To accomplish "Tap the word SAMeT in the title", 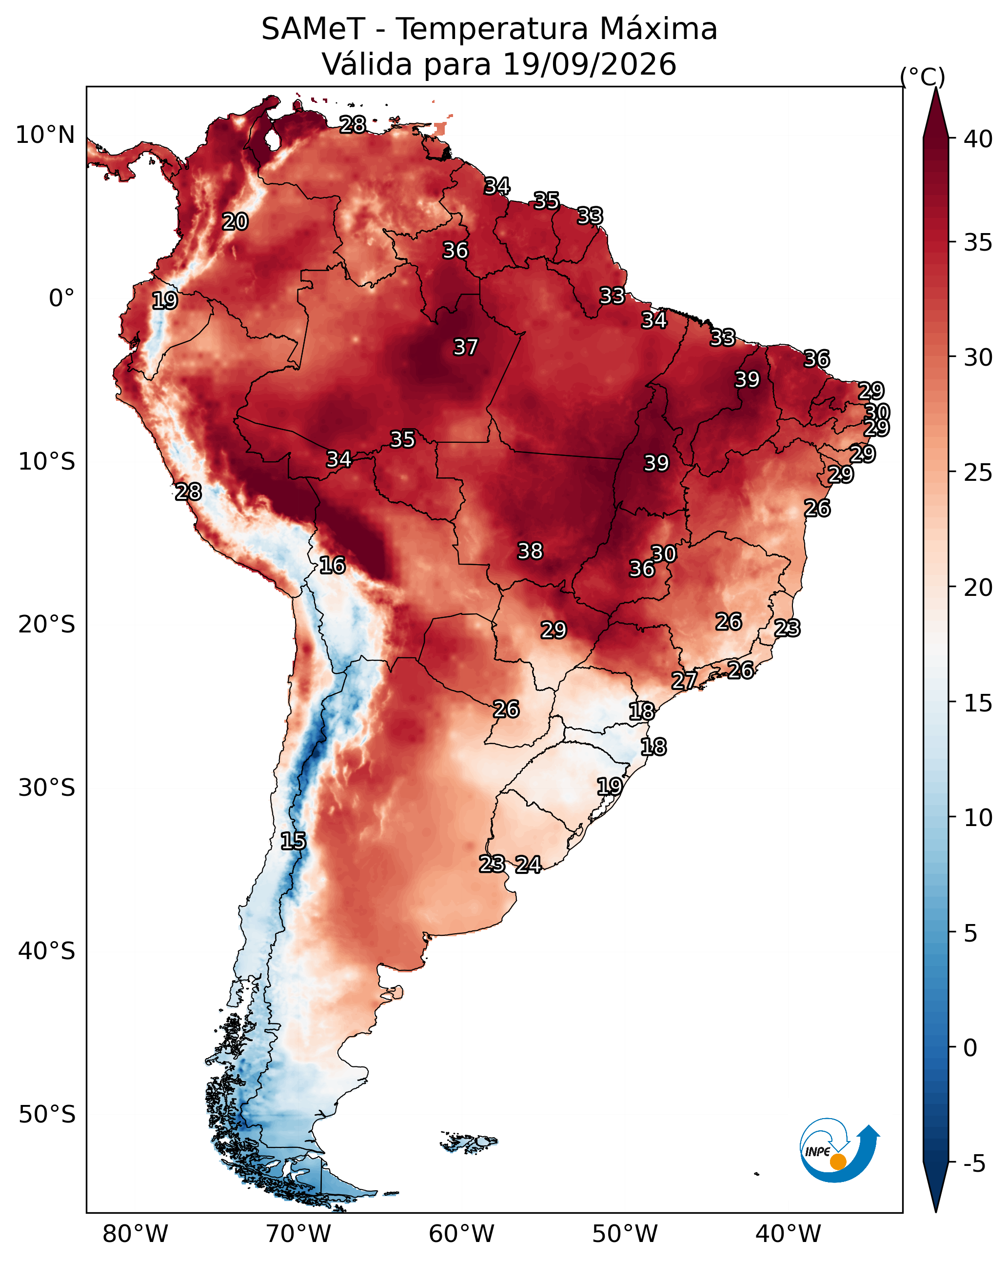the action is pyautogui.click(x=313, y=29).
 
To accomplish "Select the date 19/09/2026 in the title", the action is pyautogui.click(x=589, y=64).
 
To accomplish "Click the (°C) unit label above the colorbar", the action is pyautogui.click(x=923, y=77).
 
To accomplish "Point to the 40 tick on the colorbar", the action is pyautogui.click(x=979, y=139).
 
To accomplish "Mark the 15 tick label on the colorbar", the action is pyautogui.click(x=979, y=703).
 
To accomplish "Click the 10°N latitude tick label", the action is pyautogui.click(x=46, y=135).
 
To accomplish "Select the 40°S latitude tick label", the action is pyautogui.click(x=47, y=951).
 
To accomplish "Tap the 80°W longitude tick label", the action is pyautogui.click(x=135, y=1234).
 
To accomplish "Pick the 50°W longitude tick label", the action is pyautogui.click(x=625, y=1234).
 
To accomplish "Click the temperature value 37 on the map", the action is pyautogui.click(x=466, y=347).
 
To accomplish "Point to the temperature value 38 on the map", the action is pyautogui.click(x=530, y=551).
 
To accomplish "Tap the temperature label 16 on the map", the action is pyautogui.click(x=332, y=566).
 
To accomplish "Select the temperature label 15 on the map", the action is pyautogui.click(x=293, y=841).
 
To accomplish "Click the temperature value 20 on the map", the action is pyautogui.click(x=235, y=222).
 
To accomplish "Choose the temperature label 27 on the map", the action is pyautogui.click(x=684, y=681).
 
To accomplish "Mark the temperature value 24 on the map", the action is pyautogui.click(x=528, y=865).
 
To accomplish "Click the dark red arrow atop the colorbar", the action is pyautogui.click(x=935, y=114).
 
